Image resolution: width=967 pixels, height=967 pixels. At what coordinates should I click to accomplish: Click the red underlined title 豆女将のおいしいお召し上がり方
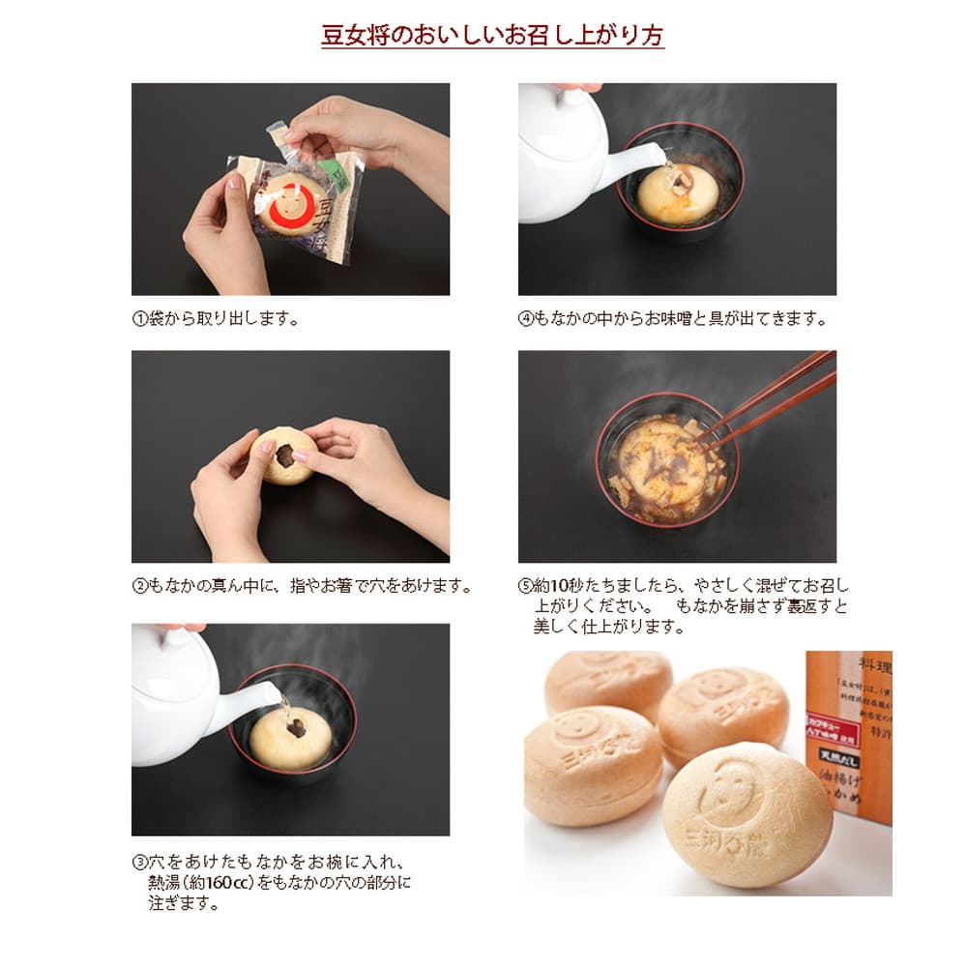[x=492, y=36]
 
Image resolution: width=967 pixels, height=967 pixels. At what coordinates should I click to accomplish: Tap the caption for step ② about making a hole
[x=303, y=586]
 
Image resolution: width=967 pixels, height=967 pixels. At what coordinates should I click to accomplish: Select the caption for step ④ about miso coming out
[x=673, y=317]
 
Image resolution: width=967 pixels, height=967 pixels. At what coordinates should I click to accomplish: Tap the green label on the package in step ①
[x=333, y=174]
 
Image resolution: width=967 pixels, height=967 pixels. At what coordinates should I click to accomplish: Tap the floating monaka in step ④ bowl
[x=677, y=190]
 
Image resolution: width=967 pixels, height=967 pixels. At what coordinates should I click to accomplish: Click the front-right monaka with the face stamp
[x=747, y=812]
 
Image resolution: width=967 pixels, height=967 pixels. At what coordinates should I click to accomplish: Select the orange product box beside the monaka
[x=848, y=735]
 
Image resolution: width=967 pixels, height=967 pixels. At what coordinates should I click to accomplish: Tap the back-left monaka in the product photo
[x=608, y=683]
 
